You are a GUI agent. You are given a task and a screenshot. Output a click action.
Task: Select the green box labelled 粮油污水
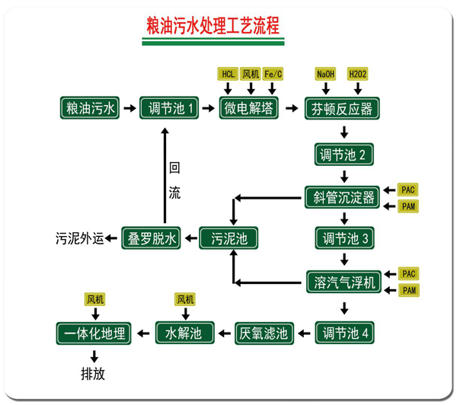90,108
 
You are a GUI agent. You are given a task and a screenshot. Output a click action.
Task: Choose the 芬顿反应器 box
341,109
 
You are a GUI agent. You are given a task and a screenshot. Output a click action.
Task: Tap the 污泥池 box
228,238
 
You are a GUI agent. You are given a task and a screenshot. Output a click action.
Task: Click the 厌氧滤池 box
262,332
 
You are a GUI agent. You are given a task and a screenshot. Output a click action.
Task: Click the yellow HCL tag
228,74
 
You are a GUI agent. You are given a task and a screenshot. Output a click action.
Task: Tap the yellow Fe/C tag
273,74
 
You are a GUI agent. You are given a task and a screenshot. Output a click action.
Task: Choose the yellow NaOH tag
324,74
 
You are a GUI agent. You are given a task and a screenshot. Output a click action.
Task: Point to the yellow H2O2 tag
357,74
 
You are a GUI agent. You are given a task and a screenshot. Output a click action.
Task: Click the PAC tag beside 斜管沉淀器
409,189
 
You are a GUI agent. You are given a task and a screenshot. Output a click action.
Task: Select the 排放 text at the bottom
94,375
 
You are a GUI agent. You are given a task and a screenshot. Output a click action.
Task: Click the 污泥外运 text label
79,238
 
